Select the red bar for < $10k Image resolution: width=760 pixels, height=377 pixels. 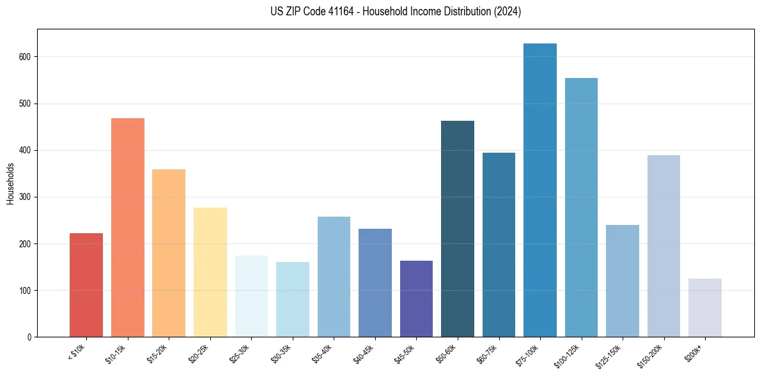86,285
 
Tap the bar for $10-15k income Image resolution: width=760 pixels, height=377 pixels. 128,227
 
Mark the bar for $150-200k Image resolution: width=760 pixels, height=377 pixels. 663,246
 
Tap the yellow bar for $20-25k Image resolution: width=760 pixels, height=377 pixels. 210,272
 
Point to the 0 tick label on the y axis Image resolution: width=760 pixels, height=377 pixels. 29,337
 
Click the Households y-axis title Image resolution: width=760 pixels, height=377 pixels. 11,183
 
